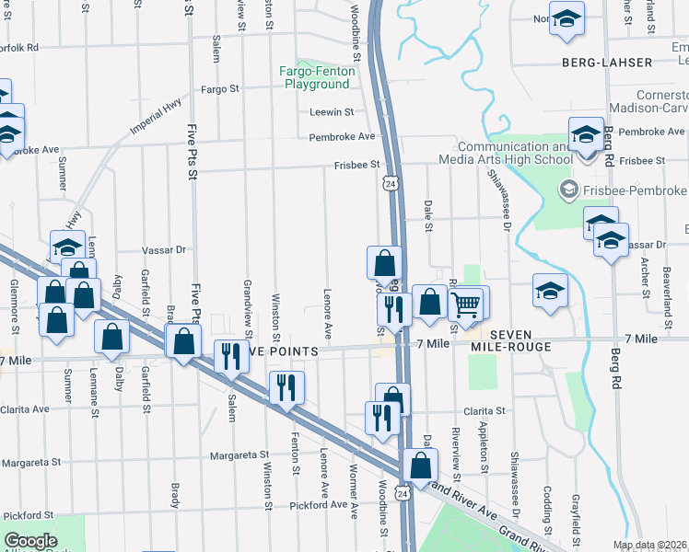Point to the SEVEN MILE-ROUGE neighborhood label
(523, 340)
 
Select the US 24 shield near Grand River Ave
(403, 495)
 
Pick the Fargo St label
(220, 89)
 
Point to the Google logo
(30, 541)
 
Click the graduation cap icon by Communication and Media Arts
(585, 134)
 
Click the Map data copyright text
(649, 545)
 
